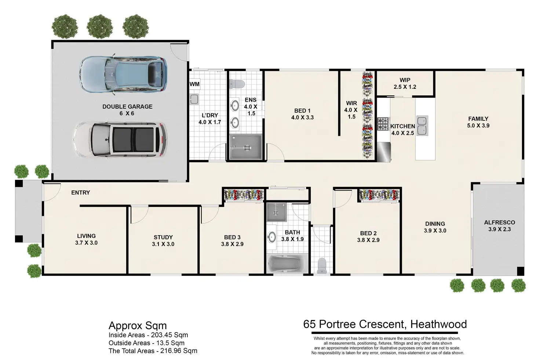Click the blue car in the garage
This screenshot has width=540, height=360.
click(123, 74)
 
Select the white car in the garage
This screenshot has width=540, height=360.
click(120, 139)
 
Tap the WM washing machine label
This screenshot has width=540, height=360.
click(194, 84)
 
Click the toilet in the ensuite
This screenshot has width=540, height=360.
click(237, 84)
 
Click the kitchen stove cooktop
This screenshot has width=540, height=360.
click(383, 124)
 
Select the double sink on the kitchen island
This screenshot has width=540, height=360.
click(422, 126)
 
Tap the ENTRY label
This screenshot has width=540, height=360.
click(80, 193)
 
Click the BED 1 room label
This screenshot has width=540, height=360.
click(302, 111)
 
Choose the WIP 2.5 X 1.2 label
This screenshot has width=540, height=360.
click(405, 83)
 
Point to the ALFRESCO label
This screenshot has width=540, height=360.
click(500, 222)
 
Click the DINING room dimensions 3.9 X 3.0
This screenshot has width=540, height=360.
click(435, 231)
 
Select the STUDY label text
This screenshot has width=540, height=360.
click(163, 237)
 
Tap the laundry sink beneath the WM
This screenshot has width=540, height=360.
click(194, 99)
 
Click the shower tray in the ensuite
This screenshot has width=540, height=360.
click(246, 147)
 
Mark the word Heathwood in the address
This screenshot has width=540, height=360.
click(438, 324)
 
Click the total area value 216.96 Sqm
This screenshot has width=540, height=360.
click(179, 351)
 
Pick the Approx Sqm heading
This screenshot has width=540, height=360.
click(138, 326)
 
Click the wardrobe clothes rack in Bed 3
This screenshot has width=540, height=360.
click(244, 195)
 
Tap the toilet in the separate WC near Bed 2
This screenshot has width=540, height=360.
click(322, 266)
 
